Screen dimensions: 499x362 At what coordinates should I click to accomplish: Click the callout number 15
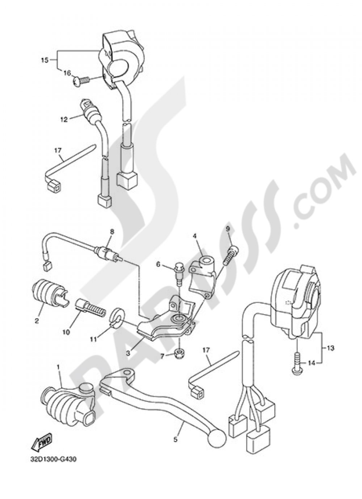(44, 60)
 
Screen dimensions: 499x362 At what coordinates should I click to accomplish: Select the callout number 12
(64, 119)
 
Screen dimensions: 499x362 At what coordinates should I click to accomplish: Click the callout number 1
(58, 367)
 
